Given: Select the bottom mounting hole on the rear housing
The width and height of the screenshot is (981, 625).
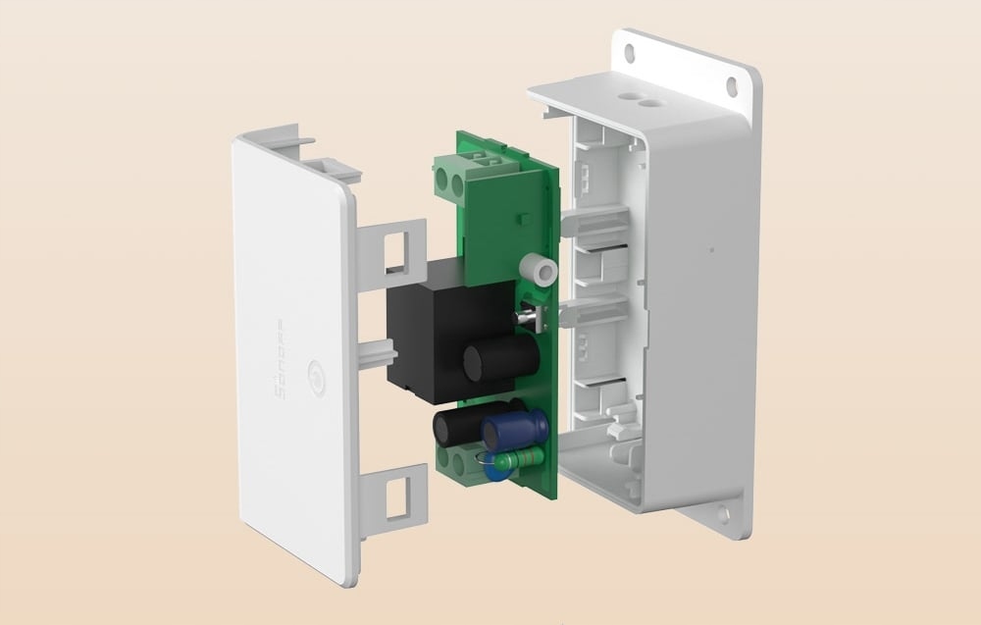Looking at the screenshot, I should coord(723,512).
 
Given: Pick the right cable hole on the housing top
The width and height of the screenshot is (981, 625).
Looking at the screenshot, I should coord(648,102).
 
